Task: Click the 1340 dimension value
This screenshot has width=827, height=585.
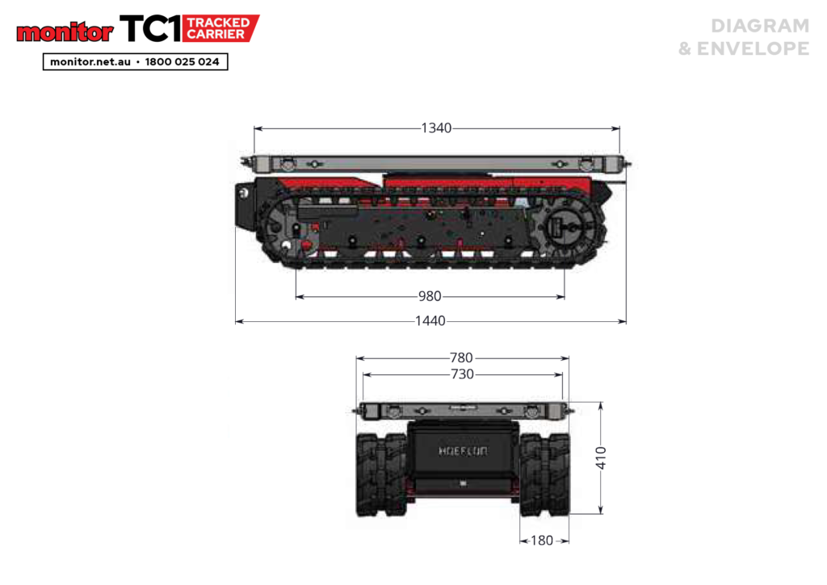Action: coord(436,128)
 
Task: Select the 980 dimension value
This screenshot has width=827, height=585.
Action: coord(430,296)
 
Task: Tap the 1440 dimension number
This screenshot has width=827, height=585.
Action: coord(430,321)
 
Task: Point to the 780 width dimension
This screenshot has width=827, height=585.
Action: coord(461,357)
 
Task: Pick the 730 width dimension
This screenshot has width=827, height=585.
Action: coord(463,374)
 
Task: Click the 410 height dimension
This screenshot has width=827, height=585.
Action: coord(601,458)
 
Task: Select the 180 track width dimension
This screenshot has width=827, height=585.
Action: coord(542,541)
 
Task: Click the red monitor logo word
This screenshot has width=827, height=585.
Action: coord(65,32)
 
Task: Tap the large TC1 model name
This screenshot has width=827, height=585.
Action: coord(151,28)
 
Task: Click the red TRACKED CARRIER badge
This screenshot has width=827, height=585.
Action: coord(220,28)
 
